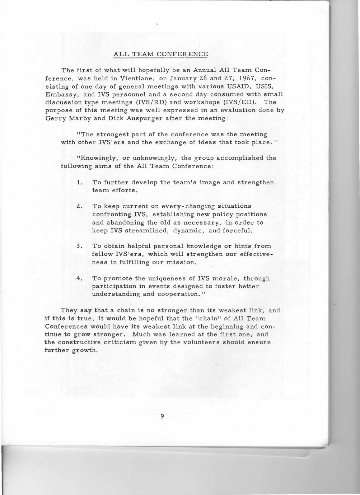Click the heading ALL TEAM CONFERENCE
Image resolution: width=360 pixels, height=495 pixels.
click(x=160, y=55)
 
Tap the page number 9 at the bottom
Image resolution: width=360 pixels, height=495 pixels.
click(x=162, y=416)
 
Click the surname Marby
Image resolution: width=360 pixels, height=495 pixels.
click(x=78, y=118)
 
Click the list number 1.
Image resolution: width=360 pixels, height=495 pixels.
click(x=79, y=183)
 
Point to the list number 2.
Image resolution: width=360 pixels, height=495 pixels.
click(x=79, y=206)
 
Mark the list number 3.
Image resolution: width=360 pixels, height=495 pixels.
click(x=79, y=246)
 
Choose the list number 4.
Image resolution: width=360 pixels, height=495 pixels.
click(x=79, y=279)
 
